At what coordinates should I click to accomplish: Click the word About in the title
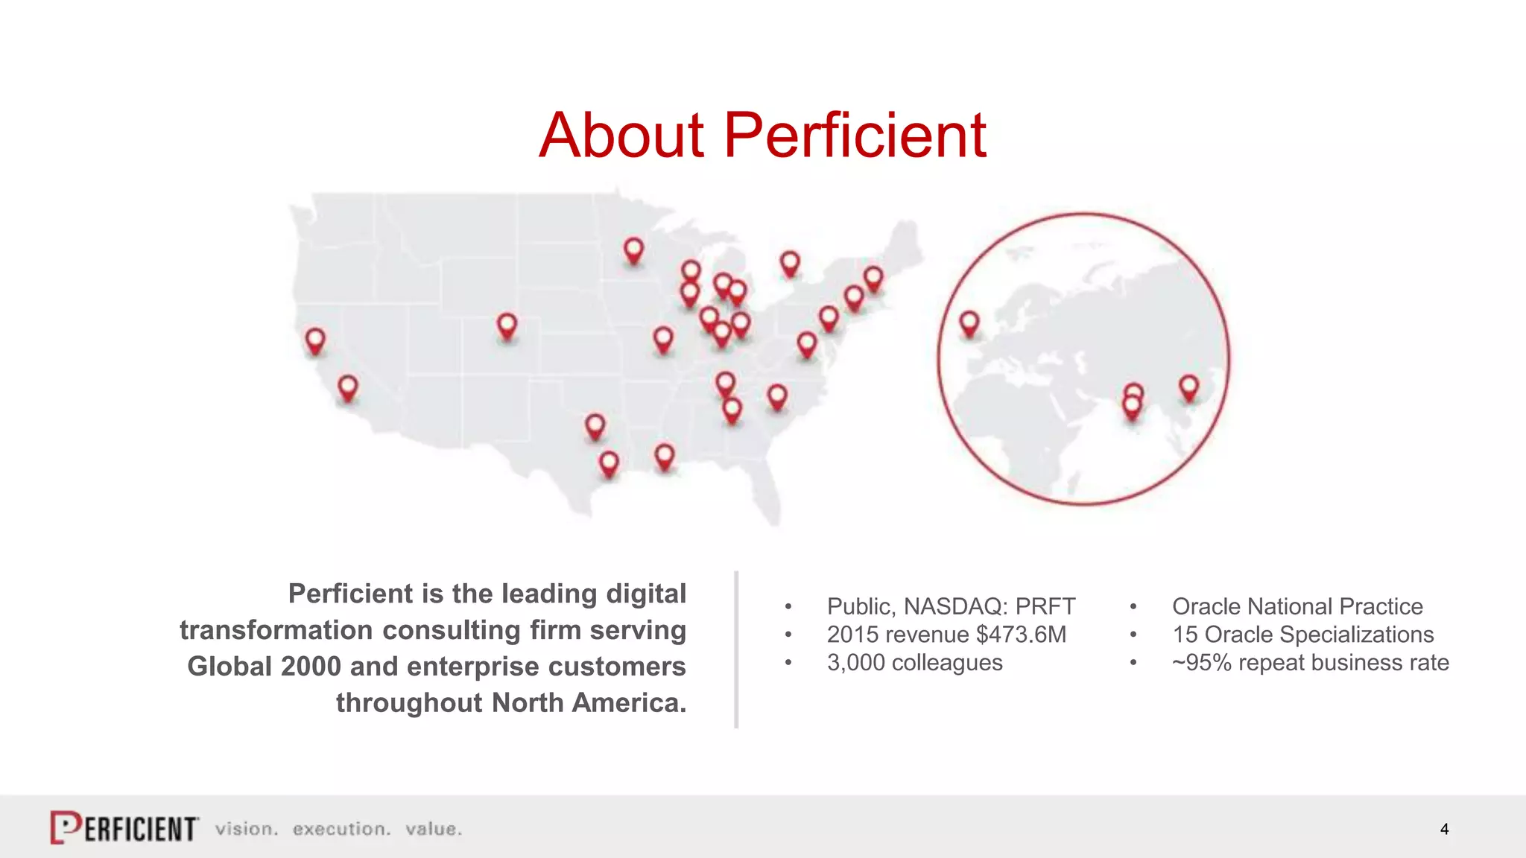[x=621, y=136]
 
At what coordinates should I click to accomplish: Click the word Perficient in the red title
[x=855, y=136]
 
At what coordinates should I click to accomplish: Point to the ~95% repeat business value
[x=1201, y=662]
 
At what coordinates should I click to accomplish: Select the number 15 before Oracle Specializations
[x=1185, y=635]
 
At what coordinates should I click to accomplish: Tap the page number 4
[x=1444, y=829]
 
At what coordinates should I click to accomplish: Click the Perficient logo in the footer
[x=124, y=827]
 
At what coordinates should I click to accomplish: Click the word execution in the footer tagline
[x=341, y=829]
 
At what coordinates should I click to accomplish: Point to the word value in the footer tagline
[x=433, y=829]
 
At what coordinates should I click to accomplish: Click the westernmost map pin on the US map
[x=315, y=340]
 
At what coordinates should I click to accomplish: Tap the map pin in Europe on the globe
[x=969, y=323]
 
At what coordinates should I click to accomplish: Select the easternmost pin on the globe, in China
[x=1188, y=387]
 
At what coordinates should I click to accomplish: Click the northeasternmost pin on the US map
[x=873, y=279]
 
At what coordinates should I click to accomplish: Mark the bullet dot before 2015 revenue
[x=788, y=635]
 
